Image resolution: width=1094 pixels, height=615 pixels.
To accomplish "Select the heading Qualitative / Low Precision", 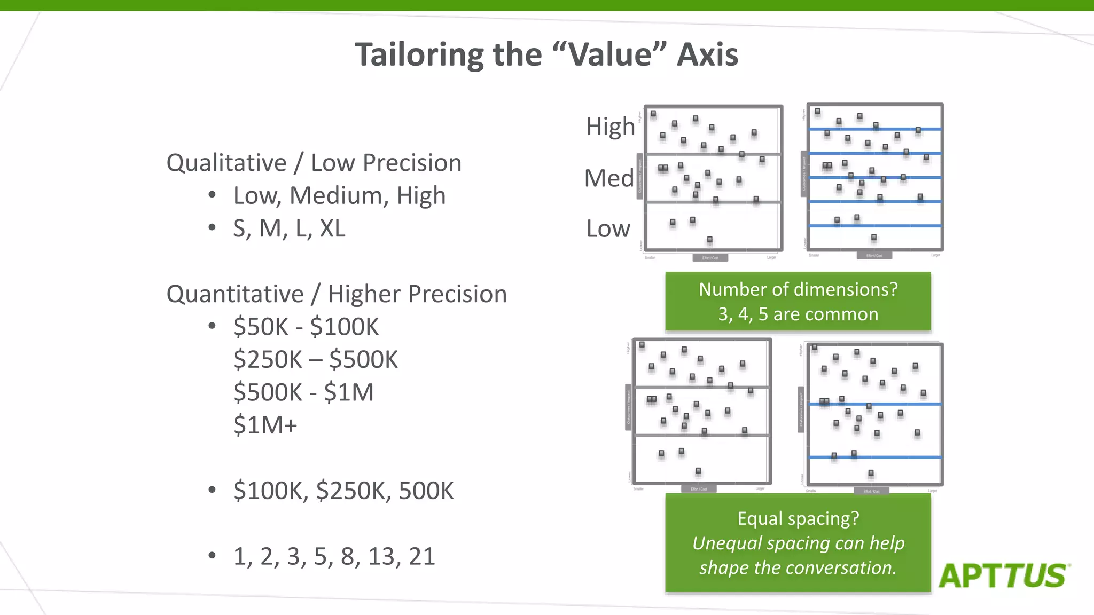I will (x=314, y=163).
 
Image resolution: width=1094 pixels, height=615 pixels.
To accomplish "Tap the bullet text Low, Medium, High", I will (x=339, y=196).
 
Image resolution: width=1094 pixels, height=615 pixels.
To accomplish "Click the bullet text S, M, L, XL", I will (x=289, y=228).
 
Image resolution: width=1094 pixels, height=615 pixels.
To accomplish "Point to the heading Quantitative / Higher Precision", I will (x=337, y=294).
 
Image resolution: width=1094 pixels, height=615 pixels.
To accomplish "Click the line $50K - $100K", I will (x=306, y=327).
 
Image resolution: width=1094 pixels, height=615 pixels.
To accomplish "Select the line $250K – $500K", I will (x=315, y=360).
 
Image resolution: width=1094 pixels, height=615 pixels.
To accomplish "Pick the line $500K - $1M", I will (x=303, y=392).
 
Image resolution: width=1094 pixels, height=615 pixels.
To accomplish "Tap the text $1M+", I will (x=265, y=425).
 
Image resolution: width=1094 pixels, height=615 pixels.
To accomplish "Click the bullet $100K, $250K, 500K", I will (x=343, y=491).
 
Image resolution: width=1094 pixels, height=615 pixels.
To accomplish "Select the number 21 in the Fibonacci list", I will (x=422, y=556).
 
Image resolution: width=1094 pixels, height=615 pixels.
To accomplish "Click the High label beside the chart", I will (x=610, y=127).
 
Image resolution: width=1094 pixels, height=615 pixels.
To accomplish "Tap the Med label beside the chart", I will (x=608, y=178).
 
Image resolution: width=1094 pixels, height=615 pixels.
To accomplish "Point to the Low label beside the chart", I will (x=608, y=229).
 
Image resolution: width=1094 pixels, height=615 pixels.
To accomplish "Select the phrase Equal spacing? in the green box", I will (x=798, y=518).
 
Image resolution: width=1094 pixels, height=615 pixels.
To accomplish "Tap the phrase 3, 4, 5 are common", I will (x=798, y=314).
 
